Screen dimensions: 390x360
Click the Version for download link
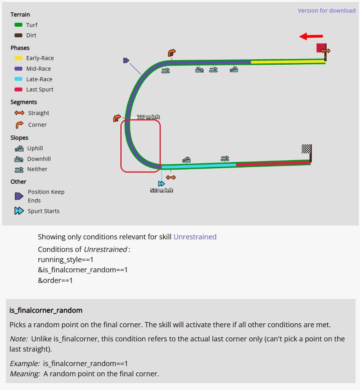pos(326,11)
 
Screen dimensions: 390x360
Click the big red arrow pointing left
pos(311,36)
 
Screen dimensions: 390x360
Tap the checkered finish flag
pos(306,149)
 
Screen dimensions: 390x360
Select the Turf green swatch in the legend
pos(18,25)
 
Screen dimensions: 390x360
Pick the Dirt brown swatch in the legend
pos(18,35)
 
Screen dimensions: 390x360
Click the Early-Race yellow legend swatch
pos(18,58)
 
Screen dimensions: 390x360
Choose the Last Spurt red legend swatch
pos(18,89)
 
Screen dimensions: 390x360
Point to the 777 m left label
pos(148,117)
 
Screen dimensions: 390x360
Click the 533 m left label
pos(162,190)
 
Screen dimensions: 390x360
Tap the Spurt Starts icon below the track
pos(161,184)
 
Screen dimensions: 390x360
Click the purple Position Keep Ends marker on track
pos(126,60)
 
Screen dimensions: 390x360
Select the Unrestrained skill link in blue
pos(195,237)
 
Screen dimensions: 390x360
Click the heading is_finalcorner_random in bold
pos(46,310)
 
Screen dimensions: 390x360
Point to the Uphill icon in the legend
pos(19,148)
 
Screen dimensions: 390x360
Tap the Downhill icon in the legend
pos(19,159)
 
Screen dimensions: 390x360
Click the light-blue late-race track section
pos(198,166)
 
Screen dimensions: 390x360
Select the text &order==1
pos(55,281)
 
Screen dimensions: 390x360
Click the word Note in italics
pos(18,339)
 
